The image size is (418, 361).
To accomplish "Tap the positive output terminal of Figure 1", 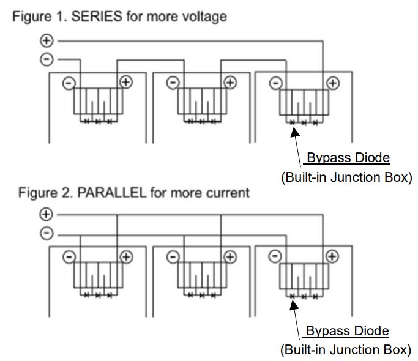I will point(47,41).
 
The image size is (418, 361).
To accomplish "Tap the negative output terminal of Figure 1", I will point(47,59).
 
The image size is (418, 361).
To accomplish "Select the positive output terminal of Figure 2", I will point(47,215).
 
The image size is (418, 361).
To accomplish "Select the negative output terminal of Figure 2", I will point(47,234).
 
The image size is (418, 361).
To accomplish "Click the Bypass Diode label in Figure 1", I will point(347,158).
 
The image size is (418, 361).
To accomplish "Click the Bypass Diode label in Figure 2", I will point(347,331).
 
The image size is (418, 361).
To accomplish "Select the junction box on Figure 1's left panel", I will point(98,100).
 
